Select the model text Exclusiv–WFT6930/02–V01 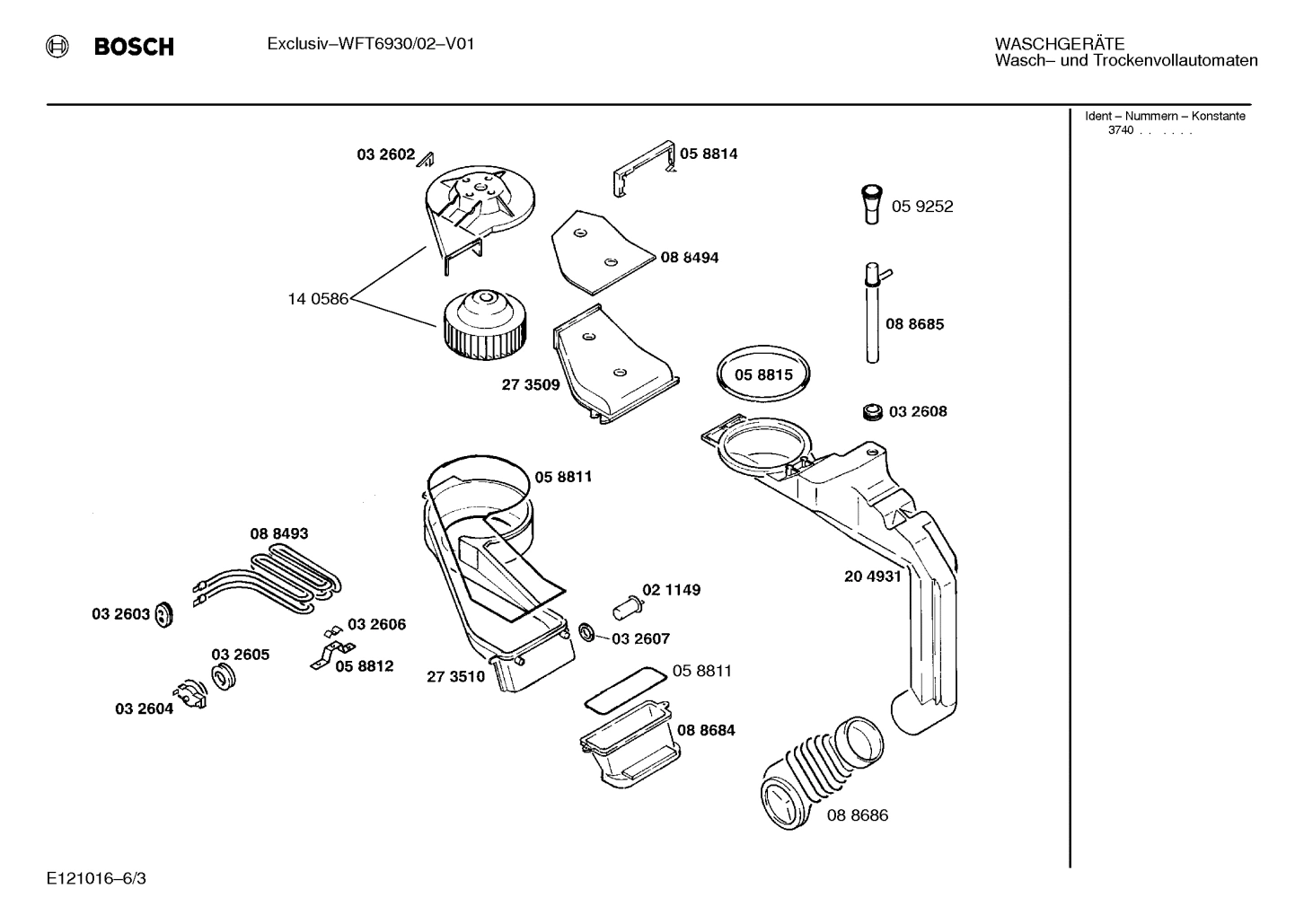pyautogui.click(x=370, y=43)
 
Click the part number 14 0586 pyautogui.click(x=317, y=299)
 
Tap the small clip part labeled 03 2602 pyautogui.click(x=427, y=159)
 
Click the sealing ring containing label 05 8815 pyautogui.click(x=763, y=374)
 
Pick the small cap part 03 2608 pyautogui.click(x=870, y=411)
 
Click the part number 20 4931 pyautogui.click(x=871, y=576)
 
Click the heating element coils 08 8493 pyautogui.click(x=269, y=579)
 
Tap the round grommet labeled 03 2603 pyautogui.click(x=163, y=615)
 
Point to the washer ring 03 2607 pyautogui.click(x=586, y=633)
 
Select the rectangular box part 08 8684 pyautogui.click(x=627, y=743)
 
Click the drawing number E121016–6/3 pyautogui.click(x=96, y=878)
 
